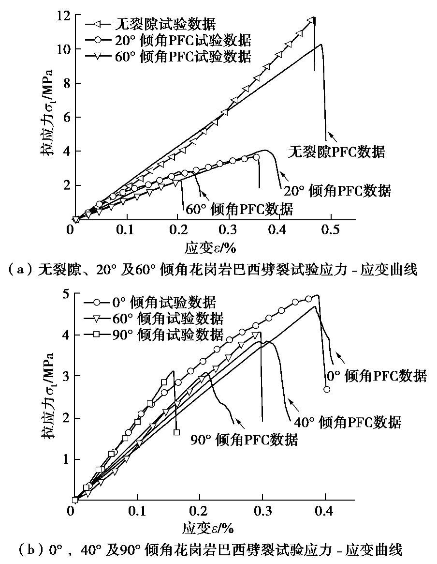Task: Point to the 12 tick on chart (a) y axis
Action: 63,15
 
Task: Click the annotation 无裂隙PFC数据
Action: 336,152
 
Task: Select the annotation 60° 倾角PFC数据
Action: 239,209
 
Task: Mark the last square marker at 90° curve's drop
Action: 176,432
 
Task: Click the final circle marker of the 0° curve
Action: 327,389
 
